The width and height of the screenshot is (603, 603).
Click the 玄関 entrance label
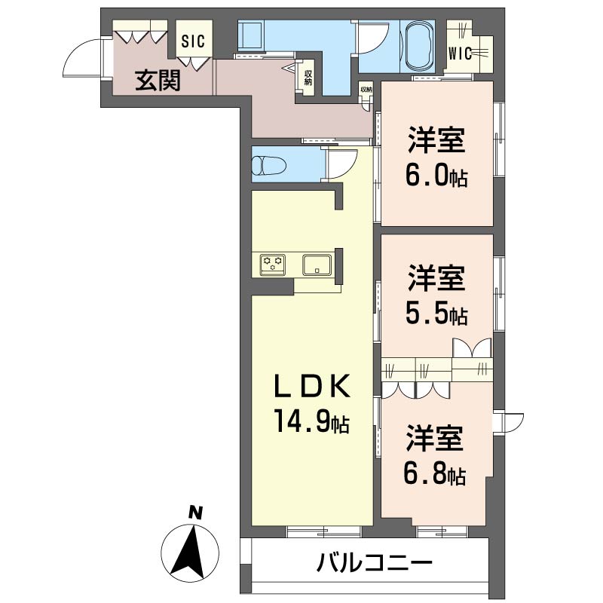point(158,80)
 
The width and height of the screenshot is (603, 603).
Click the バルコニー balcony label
point(374,563)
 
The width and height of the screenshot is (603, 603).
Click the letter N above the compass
point(195,513)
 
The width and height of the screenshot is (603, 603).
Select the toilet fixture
point(268,165)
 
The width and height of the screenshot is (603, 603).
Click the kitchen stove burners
point(272,264)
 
